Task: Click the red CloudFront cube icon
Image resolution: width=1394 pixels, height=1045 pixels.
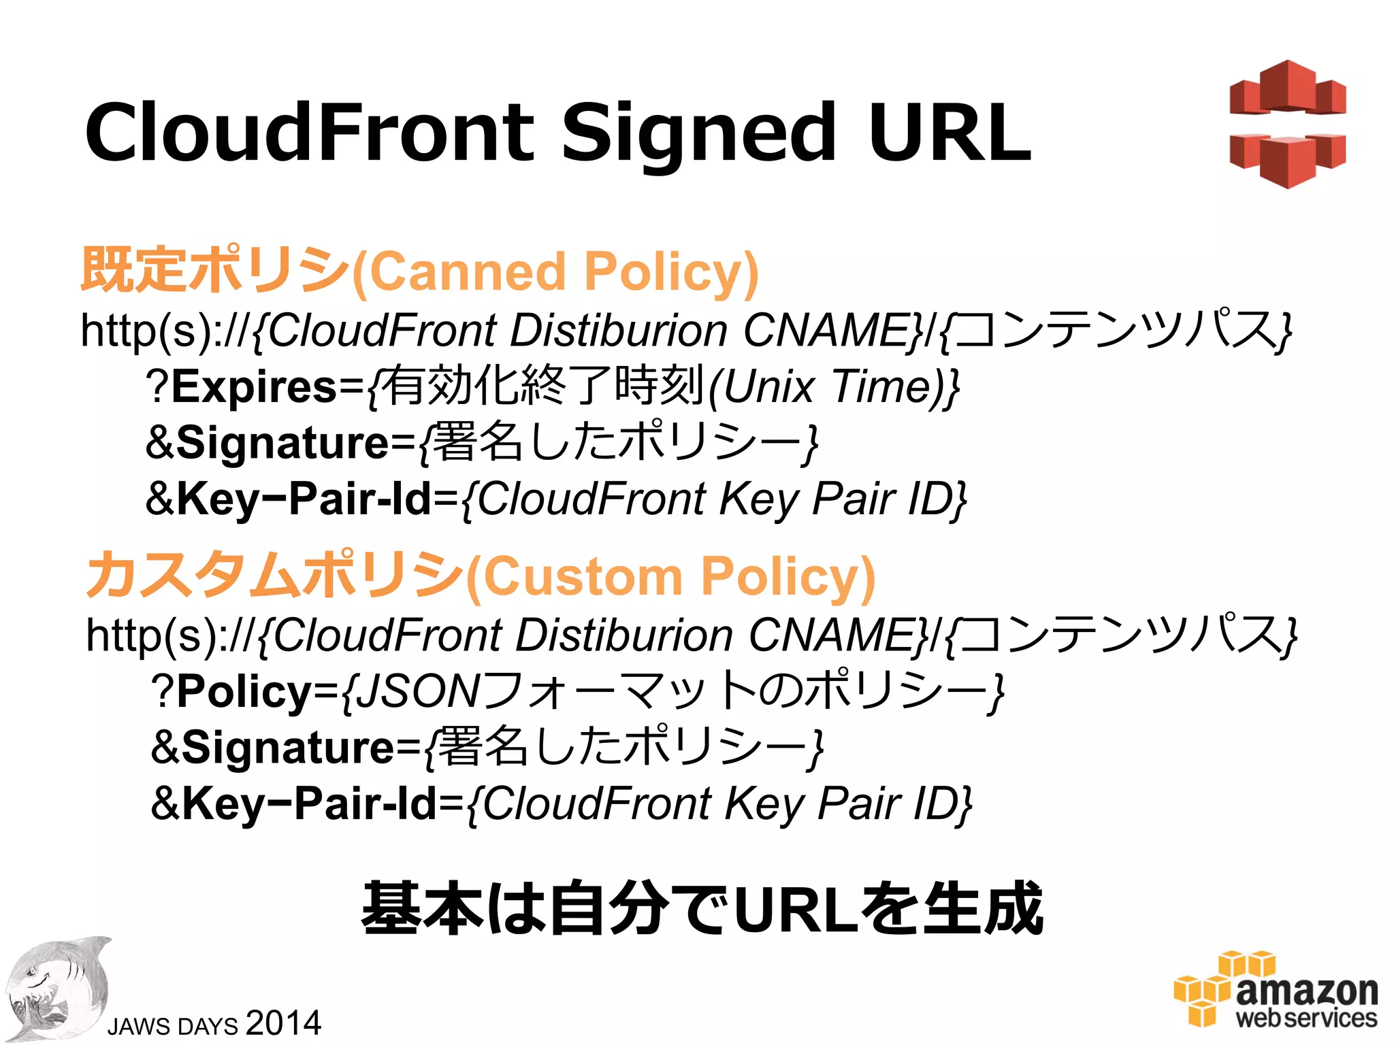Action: click(1287, 124)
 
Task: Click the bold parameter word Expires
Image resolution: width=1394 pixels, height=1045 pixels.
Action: click(254, 386)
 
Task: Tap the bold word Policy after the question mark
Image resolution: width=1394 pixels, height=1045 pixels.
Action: click(244, 691)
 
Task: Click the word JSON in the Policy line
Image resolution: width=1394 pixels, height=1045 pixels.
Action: click(419, 691)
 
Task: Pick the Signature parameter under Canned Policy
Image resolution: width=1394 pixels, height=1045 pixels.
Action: click(283, 443)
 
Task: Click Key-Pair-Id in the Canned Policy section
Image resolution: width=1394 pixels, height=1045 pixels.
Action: click(304, 499)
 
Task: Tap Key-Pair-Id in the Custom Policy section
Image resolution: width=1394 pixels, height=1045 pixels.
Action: click(309, 803)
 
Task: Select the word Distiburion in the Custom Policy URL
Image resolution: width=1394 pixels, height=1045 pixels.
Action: click(625, 635)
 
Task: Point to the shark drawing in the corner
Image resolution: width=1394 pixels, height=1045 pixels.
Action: click(58, 990)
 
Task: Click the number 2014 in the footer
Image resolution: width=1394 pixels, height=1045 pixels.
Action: click(283, 1023)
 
